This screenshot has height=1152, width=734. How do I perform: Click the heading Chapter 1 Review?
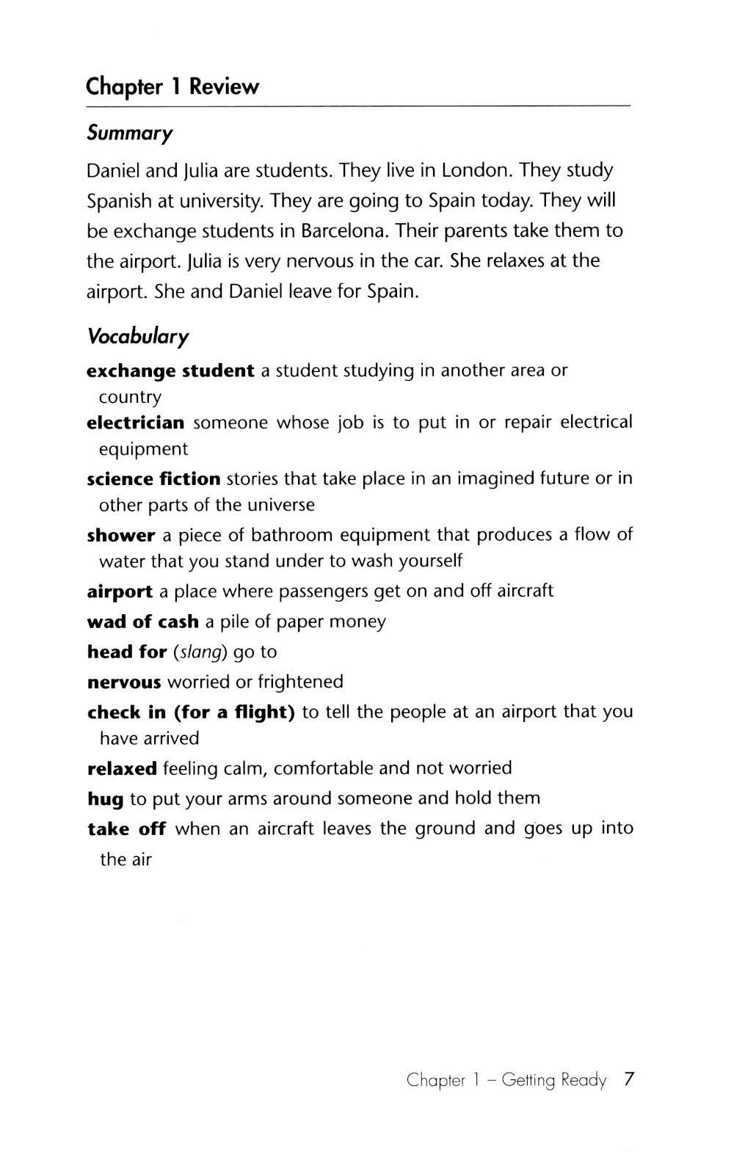pos(172,87)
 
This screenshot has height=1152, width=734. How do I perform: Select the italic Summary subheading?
pos(130,134)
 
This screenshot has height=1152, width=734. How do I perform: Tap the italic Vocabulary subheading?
pos(137,337)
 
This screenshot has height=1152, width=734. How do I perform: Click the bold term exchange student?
pos(170,371)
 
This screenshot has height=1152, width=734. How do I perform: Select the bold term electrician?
pos(135,423)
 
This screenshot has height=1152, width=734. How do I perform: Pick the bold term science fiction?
pos(153,479)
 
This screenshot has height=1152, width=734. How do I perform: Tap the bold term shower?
pos(120,535)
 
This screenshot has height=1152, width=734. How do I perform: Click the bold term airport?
pos(120,591)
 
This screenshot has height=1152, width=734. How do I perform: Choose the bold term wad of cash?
pos(142,621)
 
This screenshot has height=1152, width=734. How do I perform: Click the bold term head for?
pos(127,652)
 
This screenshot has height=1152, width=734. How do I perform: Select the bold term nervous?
pos(123,682)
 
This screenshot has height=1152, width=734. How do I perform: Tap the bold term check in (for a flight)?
pos(191,712)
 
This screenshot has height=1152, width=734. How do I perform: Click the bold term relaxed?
pos(122,769)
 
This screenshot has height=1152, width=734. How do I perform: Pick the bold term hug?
pos(105,799)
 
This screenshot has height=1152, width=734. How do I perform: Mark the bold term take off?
pos(126,829)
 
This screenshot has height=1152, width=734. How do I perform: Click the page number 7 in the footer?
pos(628,1079)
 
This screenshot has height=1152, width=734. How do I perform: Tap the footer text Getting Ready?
pos(554,1080)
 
